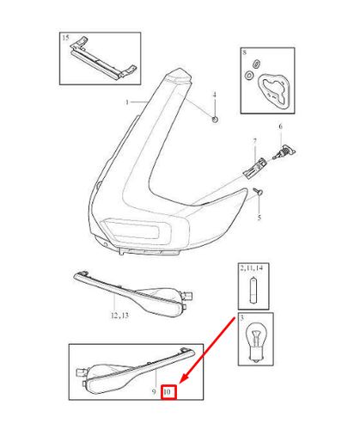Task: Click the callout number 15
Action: click(x=65, y=38)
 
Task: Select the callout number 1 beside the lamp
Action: click(x=127, y=102)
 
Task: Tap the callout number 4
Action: click(x=215, y=95)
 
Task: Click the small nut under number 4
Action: click(x=215, y=119)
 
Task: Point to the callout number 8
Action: click(x=244, y=52)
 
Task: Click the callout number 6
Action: click(x=280, y=126)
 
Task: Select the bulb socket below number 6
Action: click(x=284, y=152)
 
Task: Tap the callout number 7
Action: click(x=254, y=141)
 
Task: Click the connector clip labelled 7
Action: click(x=254, y=169)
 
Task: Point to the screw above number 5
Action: click(x=258, y=192)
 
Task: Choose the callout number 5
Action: click(x=259, y=218)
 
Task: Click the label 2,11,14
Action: click(x=252, y=268)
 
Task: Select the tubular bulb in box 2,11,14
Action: click(x=253, y=290)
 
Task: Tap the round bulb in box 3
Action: click(x=255, y=342)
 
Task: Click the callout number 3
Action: click(x=242, y=318)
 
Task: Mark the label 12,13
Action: click(x=119, y=316)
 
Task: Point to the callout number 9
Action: click(x=154, y=391)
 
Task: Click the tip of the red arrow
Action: click(x=180, y=383)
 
